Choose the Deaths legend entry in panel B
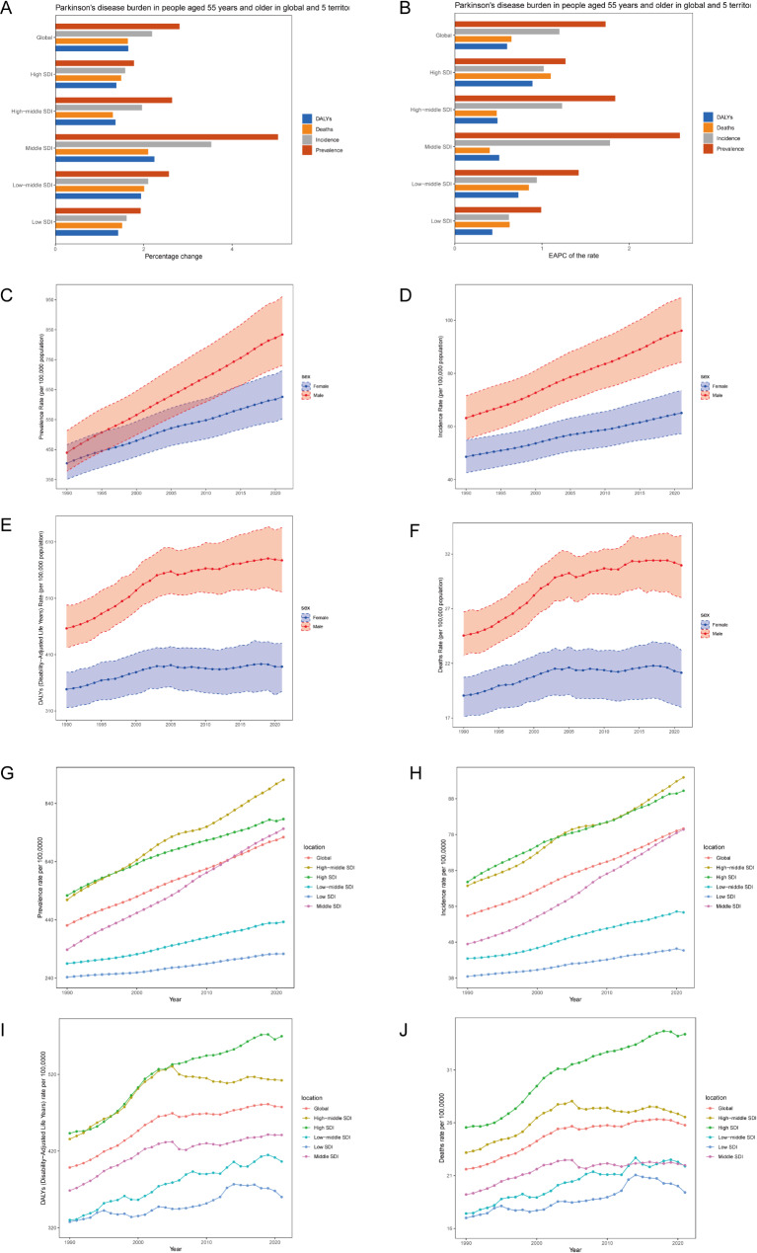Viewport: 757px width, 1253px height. [x=725, y=127]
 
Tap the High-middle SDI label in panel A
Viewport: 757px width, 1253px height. [x=31, y=112]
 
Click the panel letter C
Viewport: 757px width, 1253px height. [x=7, y=294]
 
